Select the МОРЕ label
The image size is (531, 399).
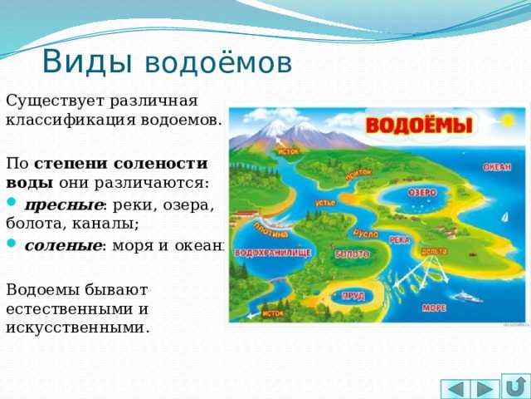click(x=434, y=307)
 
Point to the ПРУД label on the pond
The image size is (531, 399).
click(x=353, y=295)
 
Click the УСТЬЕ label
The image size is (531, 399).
click(x=325, y=202)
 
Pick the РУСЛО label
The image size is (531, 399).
click(x=366, y=233)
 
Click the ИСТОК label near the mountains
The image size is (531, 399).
click(x=288, y=150)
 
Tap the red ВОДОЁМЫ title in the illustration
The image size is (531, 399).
click(x=420, y=126)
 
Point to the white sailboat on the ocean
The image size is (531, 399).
click(x=504, y=219)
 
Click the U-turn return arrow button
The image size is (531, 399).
click(x=514, y=388)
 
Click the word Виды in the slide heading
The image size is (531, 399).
click(x=87, y=62)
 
